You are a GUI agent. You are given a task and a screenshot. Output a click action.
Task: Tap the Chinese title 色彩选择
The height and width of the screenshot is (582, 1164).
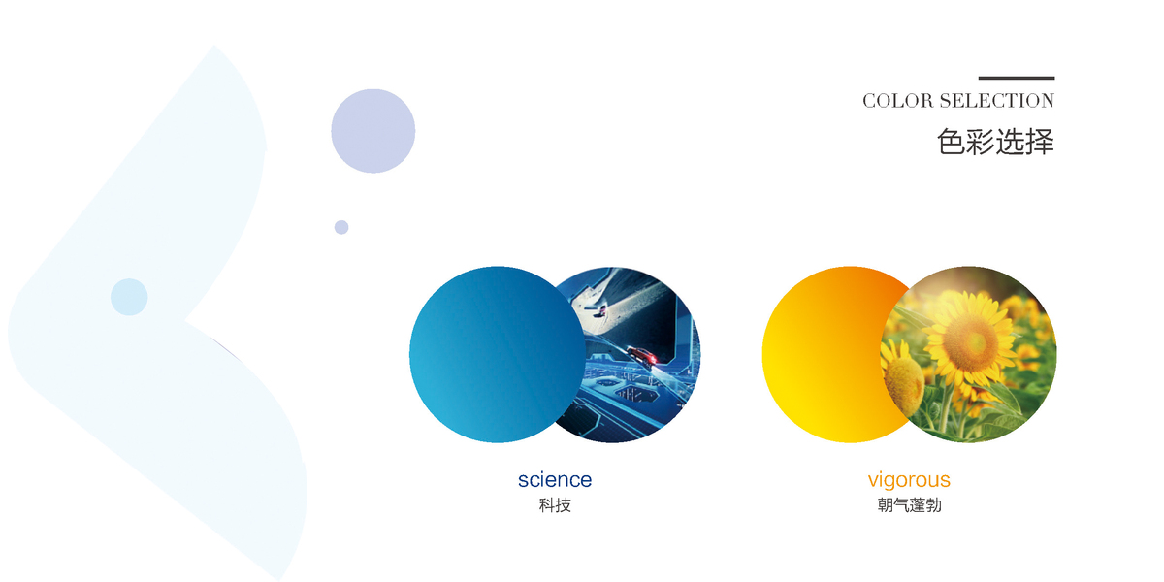995,142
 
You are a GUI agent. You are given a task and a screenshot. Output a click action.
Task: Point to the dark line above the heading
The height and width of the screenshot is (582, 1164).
1017,78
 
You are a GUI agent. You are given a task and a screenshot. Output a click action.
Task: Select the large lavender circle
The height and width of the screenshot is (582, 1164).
373,131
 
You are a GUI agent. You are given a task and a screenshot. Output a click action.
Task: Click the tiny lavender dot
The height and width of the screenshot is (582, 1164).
341,227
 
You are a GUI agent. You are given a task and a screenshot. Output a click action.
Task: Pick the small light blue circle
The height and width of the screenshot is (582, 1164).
129,297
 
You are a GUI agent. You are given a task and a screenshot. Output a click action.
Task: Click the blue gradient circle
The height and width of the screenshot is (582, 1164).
498,354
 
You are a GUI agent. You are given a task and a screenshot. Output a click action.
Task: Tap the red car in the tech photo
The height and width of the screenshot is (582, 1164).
643,357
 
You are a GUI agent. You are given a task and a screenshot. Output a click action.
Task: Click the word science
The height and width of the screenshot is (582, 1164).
555,479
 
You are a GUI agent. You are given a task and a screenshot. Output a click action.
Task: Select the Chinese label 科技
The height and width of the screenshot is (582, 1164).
555,505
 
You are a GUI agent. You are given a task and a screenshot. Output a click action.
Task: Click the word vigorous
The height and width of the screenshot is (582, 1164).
909,479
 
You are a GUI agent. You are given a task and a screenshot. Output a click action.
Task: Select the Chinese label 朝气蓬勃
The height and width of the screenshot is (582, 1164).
910,505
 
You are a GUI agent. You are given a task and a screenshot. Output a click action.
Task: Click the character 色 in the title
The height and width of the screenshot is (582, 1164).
951,142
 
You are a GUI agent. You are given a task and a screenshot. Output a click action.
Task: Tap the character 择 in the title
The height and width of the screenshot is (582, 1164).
1040,142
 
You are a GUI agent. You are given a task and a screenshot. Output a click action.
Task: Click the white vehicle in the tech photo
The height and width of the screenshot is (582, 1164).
599,310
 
